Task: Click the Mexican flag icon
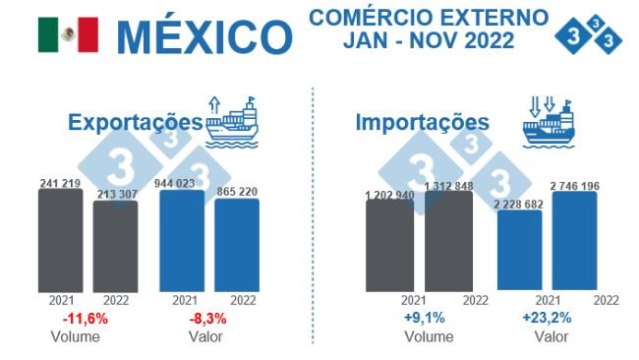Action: (68, 35)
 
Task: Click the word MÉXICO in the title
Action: (203, 36)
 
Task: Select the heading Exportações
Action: (135, 123)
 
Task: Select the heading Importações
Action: (422, 123)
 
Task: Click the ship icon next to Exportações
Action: (232, 121)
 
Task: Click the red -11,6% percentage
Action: (85, 319)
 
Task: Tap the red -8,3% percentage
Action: (208, 319)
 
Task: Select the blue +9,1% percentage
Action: (426, 318)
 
